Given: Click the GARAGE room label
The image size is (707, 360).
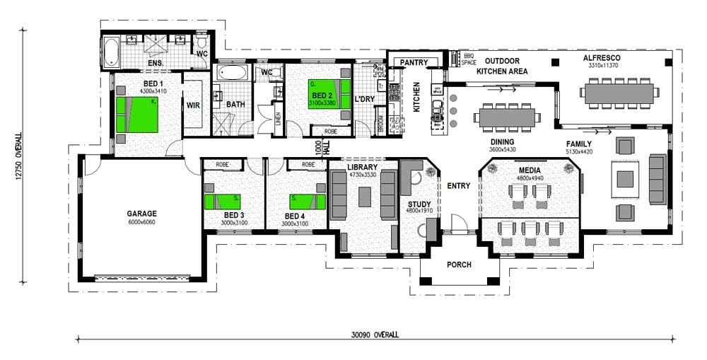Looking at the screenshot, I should [141, 213].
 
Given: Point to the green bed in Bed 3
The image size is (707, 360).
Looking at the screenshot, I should [224, 202].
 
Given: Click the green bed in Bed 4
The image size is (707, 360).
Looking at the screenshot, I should [307, 202].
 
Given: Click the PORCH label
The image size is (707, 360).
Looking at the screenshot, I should [459, 265].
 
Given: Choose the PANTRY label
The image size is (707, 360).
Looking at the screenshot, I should [414, 63].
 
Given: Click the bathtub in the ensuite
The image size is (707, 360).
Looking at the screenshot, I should [112, 51].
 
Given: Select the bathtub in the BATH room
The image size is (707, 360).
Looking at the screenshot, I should [231, 73].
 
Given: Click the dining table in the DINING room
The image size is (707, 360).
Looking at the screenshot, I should [505, 116].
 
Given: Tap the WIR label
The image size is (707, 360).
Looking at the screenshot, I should [193, 105].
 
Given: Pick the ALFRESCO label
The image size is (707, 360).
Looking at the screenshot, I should [602, 57].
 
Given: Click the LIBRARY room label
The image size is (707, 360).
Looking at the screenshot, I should [363, 167].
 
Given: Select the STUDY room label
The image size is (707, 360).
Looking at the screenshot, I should [419, 204].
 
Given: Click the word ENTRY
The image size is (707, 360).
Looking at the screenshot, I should [458, 186].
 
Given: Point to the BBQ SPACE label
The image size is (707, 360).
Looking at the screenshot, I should [468, 58].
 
